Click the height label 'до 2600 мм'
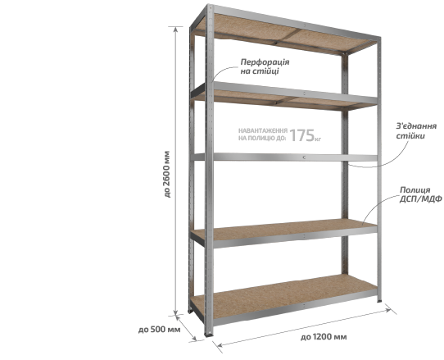[x=167, y=174]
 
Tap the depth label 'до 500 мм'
[x=159, y=330]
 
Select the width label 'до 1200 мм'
[x=324, y=337]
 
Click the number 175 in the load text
[x=302, y=135]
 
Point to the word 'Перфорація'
[x=265, y=62]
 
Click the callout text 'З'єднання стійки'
[x=416, y=130]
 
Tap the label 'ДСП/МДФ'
[x=420, y=199]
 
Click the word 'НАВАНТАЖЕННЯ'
[x=263, y=130]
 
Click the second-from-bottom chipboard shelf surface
[x=283, y=228]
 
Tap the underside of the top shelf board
[x=280, y=33]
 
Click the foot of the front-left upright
[x=209, y=335]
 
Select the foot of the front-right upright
[x=379, y=300]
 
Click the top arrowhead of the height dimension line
[x=175, y=30]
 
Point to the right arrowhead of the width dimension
[x=388, y=310]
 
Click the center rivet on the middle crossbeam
[x=304, y=157]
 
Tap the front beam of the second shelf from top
[x=294, y=93]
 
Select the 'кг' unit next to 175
[x=318, y=139]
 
